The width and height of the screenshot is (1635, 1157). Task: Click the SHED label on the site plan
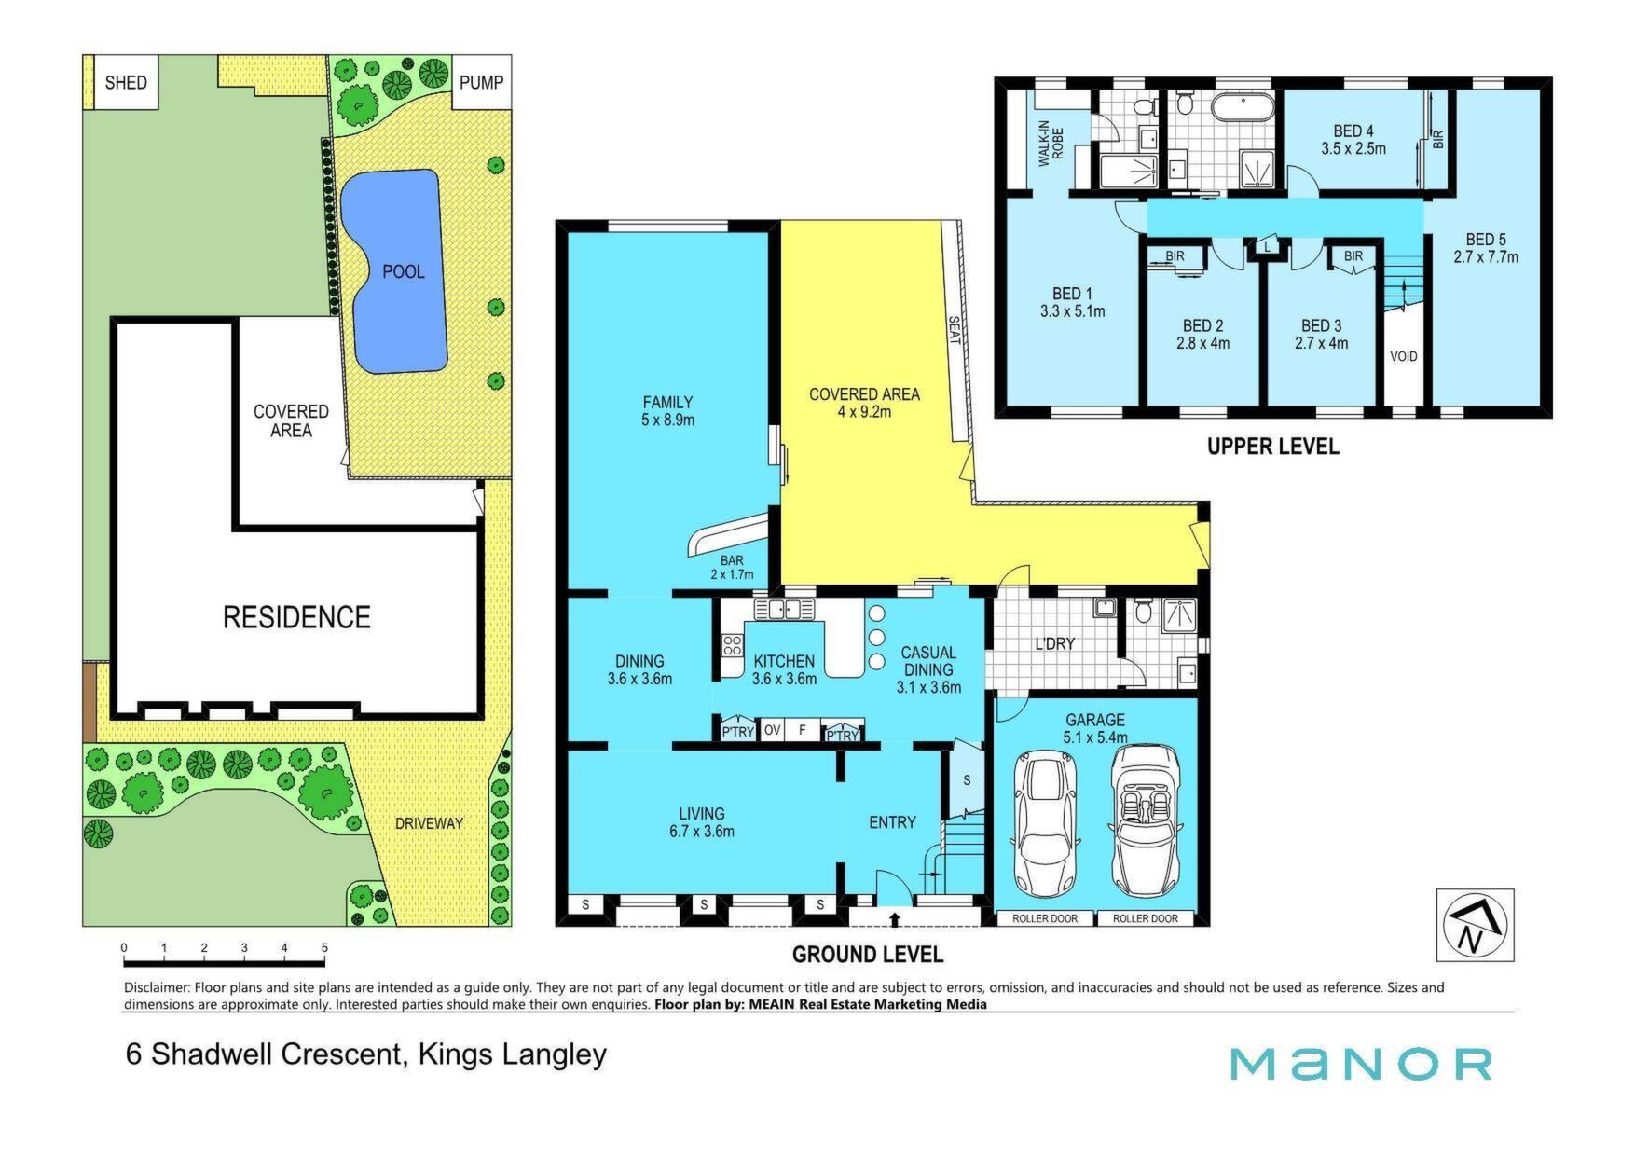coord(126,82)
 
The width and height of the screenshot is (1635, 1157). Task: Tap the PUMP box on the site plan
coord(482,82)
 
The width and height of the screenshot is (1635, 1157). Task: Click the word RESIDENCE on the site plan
coord(296,616)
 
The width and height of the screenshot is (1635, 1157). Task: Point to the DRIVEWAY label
coord(429,823)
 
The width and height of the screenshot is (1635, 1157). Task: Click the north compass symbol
coord(1475,925)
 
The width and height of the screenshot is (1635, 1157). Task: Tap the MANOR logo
coord(1361,1064)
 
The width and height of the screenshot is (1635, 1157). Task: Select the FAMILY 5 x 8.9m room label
coord(667,410)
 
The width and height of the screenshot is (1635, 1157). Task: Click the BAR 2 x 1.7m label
coord(732,567)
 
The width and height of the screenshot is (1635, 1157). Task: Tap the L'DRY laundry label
coord(1055,643)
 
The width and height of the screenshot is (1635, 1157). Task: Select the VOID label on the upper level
coord(1404,356)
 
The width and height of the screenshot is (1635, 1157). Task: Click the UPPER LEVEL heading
coord(1272,447)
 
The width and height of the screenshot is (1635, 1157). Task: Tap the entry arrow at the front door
coord(895,920)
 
